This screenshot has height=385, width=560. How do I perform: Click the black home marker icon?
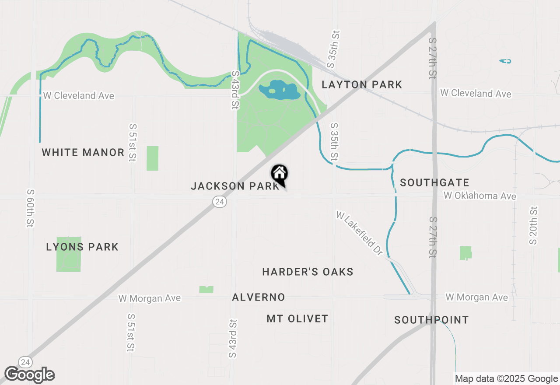pos(279,174)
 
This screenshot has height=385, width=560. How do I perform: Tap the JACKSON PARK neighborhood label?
pos(235,186)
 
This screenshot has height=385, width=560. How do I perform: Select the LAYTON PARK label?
pos(362,84)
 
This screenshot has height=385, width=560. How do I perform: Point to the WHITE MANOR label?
pos(83,152)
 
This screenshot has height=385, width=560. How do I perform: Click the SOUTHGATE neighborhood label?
pos(434,182)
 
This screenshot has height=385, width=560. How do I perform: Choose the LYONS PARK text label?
pos(82,247)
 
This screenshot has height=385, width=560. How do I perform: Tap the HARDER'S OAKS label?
pos(308,272)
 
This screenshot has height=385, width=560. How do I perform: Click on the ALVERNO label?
pos(259,297)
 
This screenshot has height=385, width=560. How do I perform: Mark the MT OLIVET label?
pos(297,318)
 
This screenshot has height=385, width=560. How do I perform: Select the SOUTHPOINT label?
pos(431,320)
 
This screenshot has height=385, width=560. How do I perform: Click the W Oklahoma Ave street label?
pos(480,196)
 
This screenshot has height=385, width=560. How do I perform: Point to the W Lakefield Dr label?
pos(359,233)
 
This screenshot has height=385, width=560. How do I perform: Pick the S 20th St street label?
pos(533,225)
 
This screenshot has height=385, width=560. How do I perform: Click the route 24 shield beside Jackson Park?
pos(220,201)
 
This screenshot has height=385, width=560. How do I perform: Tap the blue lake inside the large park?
pos(279,91)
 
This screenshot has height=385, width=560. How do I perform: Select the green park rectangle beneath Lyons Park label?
pos(69,262)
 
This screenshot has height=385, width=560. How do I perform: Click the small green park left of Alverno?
pos(206,289)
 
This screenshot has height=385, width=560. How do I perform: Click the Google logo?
pos(30,374)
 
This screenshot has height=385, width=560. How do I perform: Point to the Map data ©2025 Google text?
pos(506,379)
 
